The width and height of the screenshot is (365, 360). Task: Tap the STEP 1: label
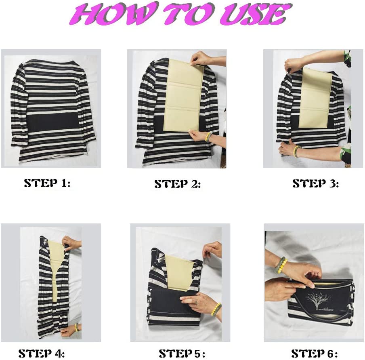pos(47,183)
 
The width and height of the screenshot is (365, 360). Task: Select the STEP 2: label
pos(178,184)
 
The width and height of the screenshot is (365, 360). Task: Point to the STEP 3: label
pos(316,183)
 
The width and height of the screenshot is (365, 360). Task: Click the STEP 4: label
pos(42,354)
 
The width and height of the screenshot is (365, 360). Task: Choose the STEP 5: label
pos(182,354)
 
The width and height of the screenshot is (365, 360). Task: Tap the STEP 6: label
pos(315,354)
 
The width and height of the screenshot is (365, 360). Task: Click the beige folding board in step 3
pos(315,98)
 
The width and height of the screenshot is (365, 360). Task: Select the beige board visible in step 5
pos(178,273)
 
